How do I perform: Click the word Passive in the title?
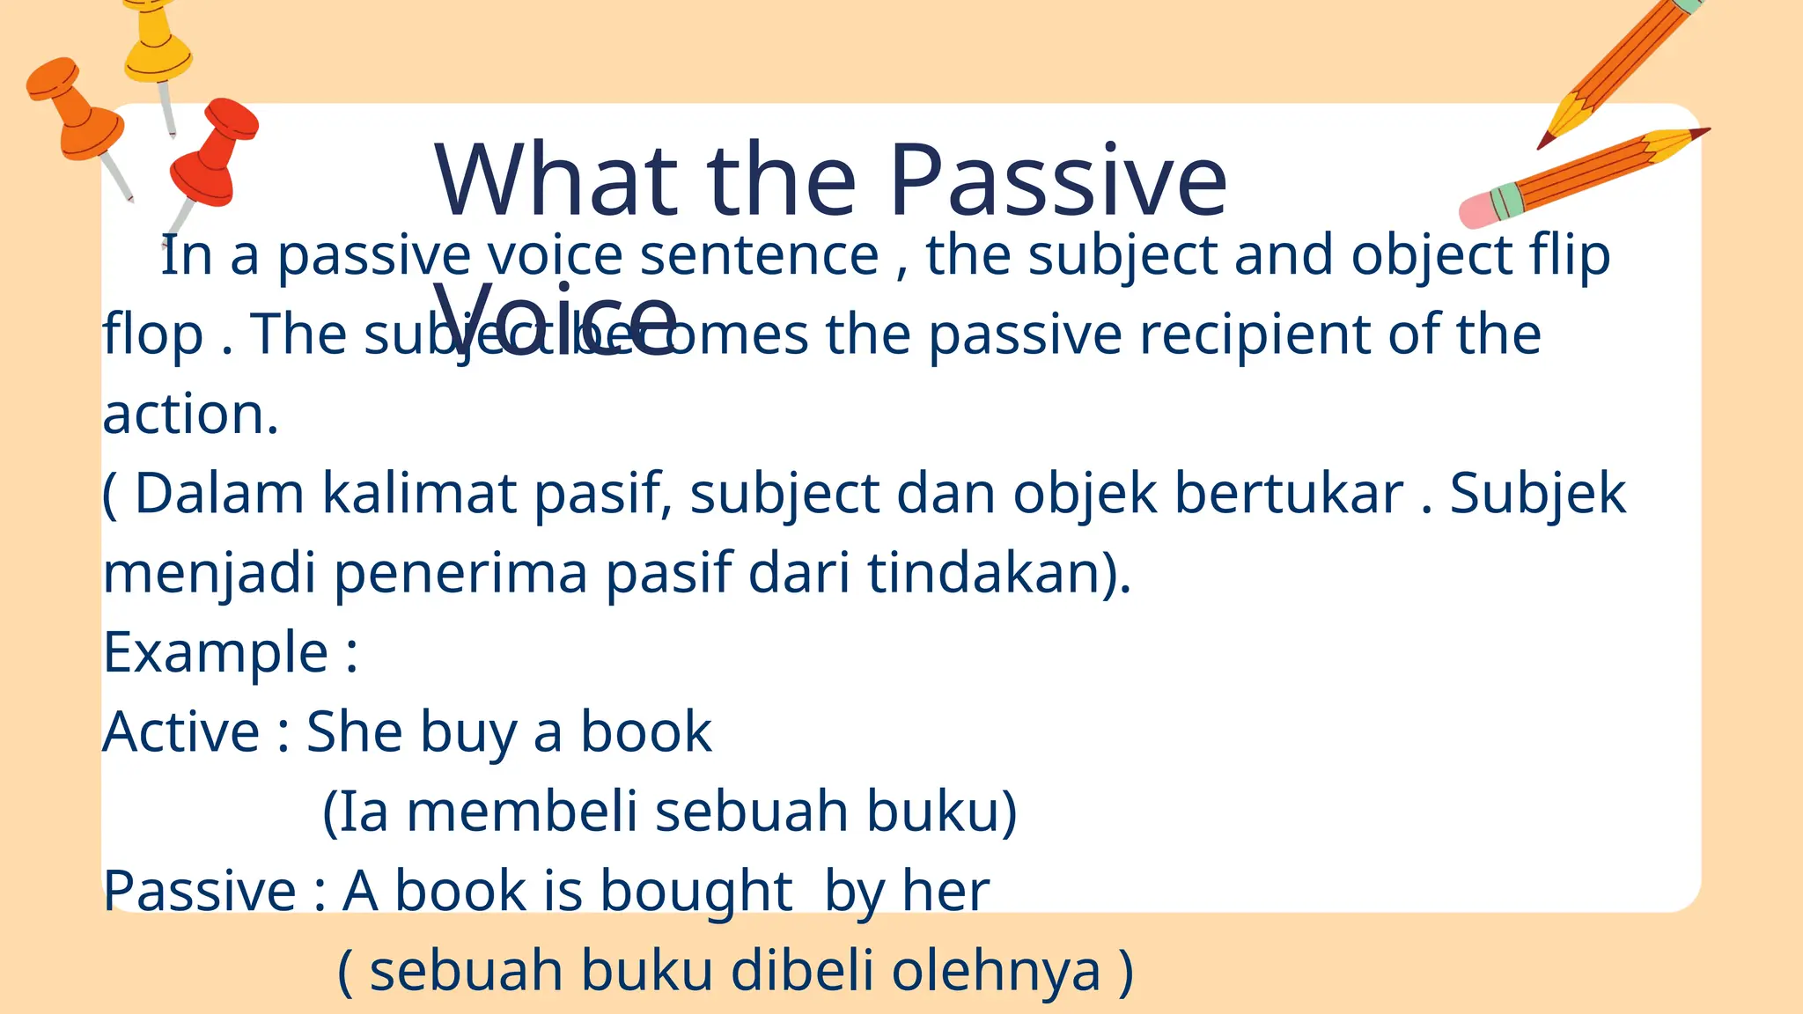1057,180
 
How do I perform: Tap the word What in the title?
556,180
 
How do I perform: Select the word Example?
216,652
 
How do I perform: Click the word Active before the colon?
181,732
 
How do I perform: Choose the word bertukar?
1289,493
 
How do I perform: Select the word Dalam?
219,493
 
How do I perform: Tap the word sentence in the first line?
759,256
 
